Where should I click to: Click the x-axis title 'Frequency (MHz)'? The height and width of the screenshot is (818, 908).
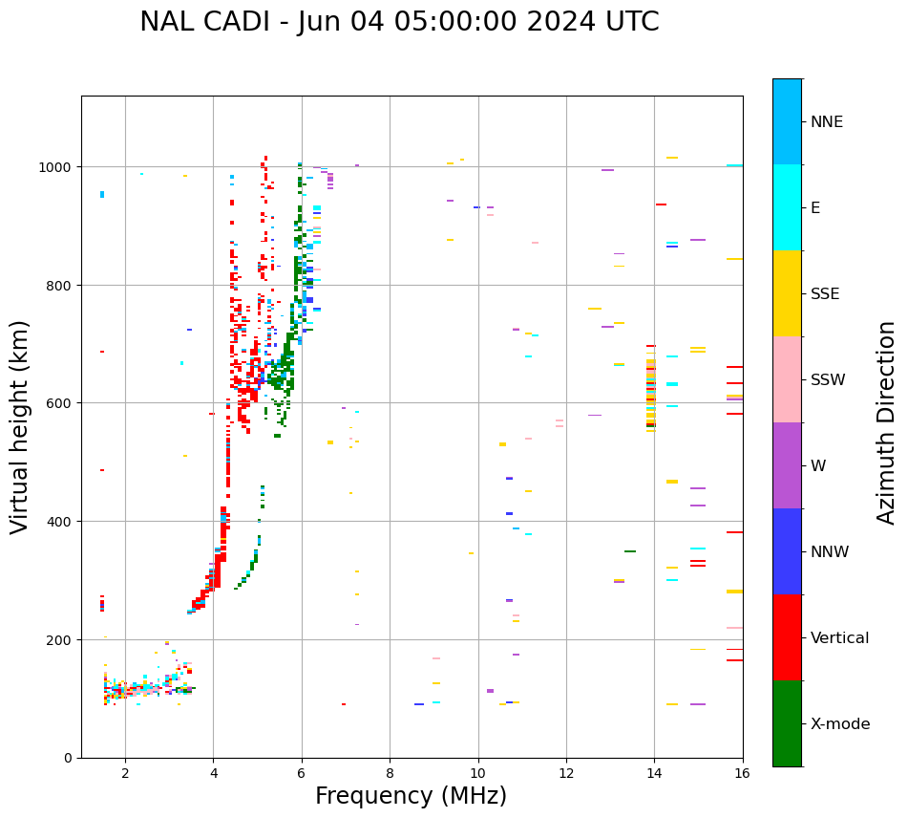411,796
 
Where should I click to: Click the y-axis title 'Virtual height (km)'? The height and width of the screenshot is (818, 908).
20,426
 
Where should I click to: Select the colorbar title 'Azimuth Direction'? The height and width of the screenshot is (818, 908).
886,422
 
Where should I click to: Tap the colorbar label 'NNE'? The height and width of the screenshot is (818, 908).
827,122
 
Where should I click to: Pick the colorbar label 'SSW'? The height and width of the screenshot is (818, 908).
828,380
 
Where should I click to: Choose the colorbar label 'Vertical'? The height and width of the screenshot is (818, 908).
840,638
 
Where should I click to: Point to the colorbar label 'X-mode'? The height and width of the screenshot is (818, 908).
840,724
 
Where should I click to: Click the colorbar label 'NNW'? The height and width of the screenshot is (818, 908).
830,552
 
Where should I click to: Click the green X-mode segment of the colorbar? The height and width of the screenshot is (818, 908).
787,723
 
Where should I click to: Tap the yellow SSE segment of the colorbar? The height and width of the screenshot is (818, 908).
787,293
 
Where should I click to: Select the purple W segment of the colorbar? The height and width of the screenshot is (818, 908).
787,465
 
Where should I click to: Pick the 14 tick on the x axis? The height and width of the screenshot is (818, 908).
654,773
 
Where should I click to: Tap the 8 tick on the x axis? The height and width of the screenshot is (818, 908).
390,773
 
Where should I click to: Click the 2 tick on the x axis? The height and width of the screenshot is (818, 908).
125,773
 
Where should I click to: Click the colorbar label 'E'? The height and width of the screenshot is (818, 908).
815,208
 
